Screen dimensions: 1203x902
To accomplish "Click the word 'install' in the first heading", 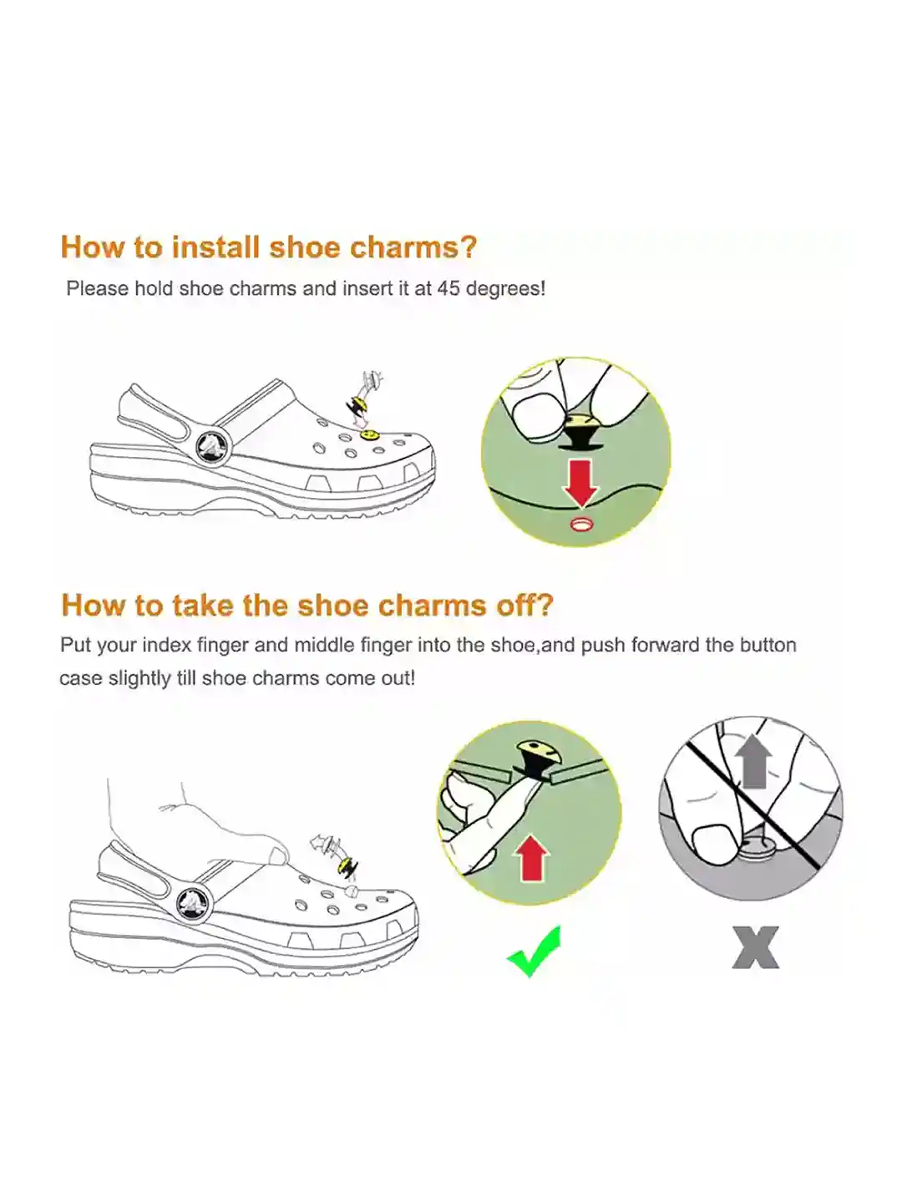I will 215,247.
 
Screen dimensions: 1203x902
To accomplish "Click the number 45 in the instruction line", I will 448,288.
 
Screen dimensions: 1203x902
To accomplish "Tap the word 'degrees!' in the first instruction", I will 505,289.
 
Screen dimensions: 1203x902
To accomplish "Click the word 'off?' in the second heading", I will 524,605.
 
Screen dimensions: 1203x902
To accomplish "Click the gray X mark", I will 755,947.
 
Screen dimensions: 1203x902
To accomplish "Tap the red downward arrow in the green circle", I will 580,483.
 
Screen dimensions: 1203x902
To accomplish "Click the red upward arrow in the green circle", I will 532,859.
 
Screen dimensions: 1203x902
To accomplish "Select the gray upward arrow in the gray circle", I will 754,761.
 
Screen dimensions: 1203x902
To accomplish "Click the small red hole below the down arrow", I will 580,524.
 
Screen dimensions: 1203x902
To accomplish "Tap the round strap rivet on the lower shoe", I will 194,903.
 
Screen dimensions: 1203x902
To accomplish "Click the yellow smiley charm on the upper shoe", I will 366,434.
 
